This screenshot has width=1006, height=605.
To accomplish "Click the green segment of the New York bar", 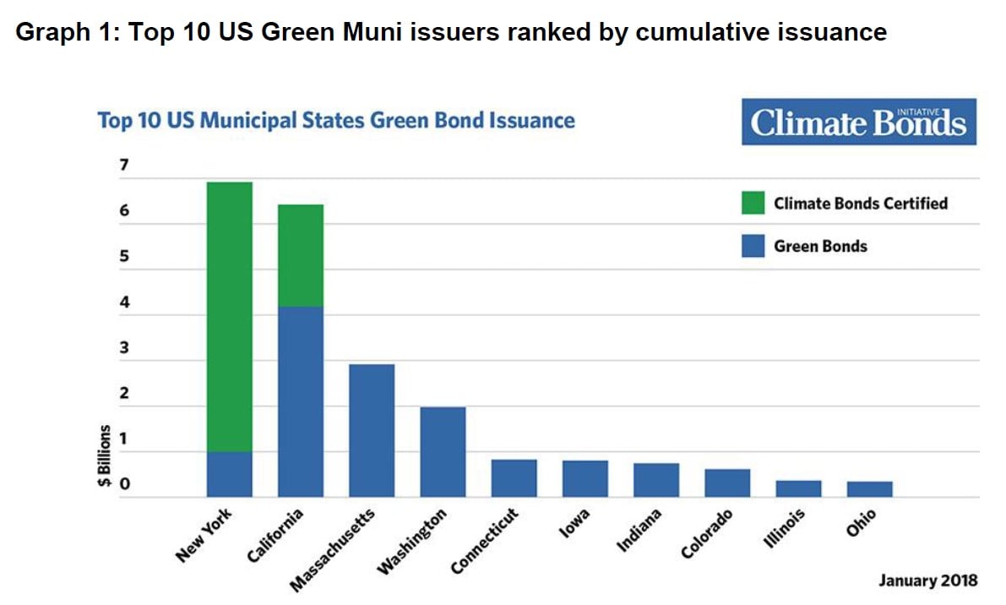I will [x=230, y=317].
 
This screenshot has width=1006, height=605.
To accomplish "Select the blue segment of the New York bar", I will [x=230, y=474].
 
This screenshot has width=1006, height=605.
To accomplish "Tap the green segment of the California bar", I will [x=301, y=255].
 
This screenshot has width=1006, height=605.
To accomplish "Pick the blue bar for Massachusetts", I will [x=372, y=430].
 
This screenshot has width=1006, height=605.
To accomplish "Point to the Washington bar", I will [x=443, y=452].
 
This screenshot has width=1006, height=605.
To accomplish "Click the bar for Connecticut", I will [x=514, y=478].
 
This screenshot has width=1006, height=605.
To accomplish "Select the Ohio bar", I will [x=869, y=489].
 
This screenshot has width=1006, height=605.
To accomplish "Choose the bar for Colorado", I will [x=727, y=482].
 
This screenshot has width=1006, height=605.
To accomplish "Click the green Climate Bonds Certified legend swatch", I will [x=753, y=203].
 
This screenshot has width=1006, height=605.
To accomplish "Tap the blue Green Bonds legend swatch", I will [x=753, y=246].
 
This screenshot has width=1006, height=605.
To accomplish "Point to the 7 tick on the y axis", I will [x=124, y=165].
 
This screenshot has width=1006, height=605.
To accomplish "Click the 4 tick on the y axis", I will [x=124, y=302].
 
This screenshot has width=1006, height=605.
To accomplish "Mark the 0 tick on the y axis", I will [x=124, y=485].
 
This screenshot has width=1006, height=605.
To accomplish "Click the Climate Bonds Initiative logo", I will [x=858, y=123].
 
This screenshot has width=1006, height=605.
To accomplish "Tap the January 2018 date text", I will [x=927, y=580].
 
